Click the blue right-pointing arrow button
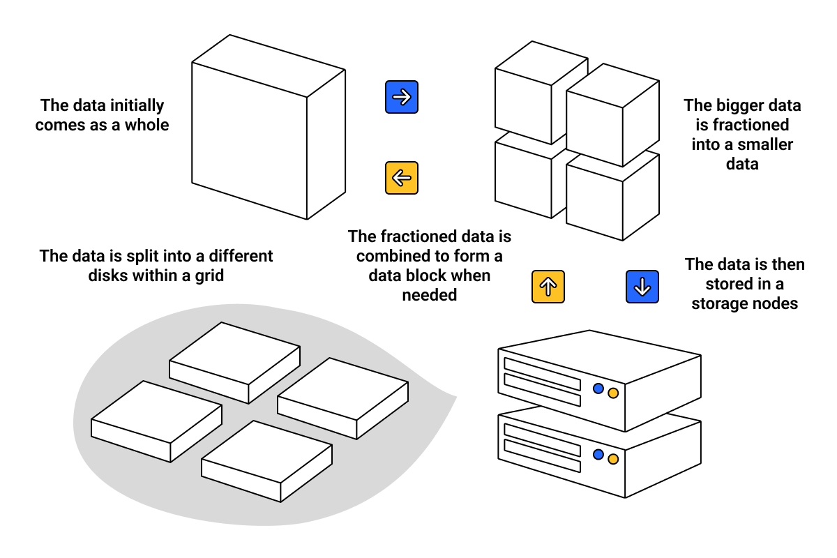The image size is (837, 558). tap(402, 97)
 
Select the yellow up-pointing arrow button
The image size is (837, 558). tap(548, 287)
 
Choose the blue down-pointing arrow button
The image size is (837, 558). tap(642, 287)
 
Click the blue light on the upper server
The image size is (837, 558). tap(598, 389)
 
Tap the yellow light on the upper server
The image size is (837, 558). tap(613, 393)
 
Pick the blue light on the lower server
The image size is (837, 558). tap(598, 454)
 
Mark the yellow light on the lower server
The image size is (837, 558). tap(613, 459)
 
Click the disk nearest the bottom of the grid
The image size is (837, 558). tap(266, 460)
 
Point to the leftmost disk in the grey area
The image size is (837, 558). tap(156, 421)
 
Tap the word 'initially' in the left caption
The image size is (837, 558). tap(131, 106)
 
